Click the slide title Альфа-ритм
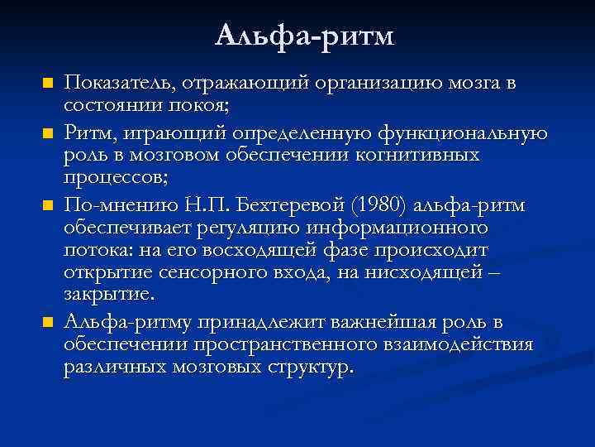click(305, 36)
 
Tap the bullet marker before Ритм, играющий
click(48, 132)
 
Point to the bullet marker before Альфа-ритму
click(48, 321)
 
